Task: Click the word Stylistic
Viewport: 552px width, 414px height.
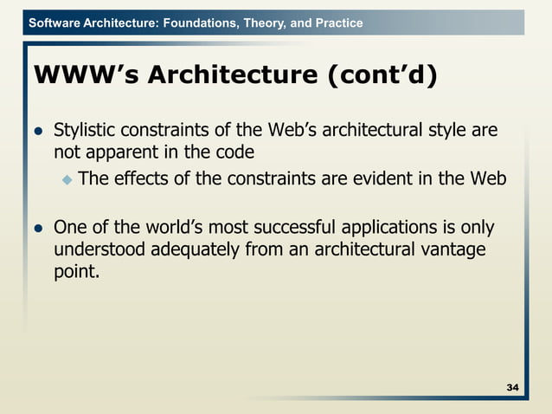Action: (x=85, y=132)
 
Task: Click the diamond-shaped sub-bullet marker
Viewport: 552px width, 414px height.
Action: (x=68, y=180)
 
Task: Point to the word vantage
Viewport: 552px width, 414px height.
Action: (x=454, y=250)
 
